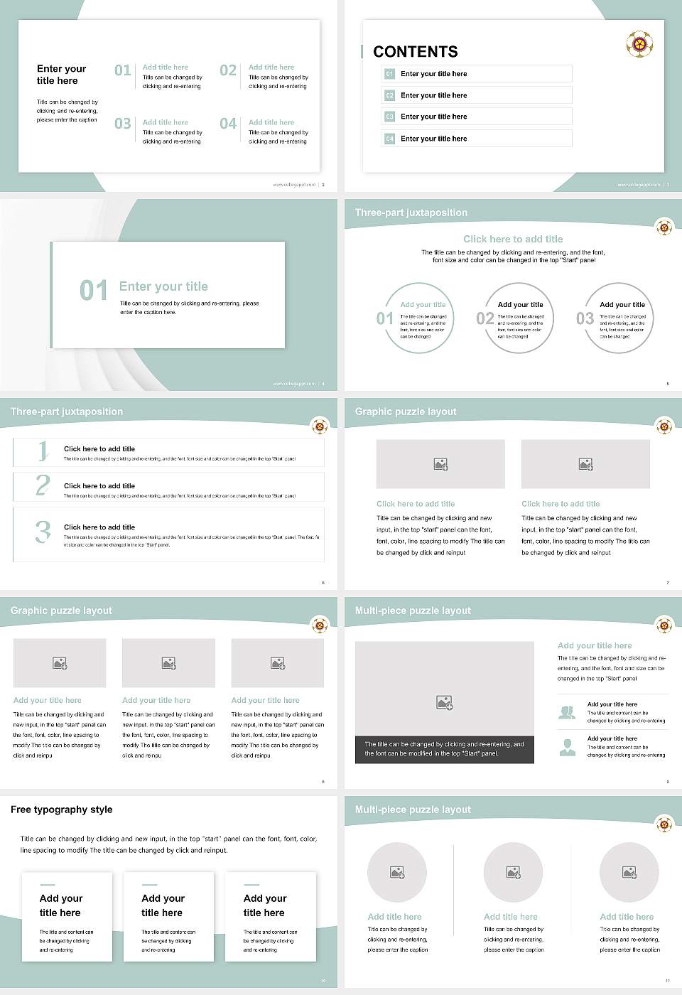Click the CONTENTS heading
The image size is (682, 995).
click(x=415, y=52)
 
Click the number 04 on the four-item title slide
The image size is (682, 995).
click(x=228, y=124)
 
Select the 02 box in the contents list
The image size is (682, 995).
click(x=389, y=95)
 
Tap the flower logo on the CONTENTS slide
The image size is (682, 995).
click(x=639, y=44)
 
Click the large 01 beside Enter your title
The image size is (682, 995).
click(x=93, y=290)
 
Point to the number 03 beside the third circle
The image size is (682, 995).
click(x=585, y=318)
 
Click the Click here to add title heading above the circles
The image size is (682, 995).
click(x=512, y=240)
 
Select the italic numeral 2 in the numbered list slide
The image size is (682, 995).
click(x=43, y=485)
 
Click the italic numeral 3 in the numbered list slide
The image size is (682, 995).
click(x=43, y=532)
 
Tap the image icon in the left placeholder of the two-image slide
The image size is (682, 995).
click(x=440, y=464)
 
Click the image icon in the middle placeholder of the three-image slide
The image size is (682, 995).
click(x=168, y=663)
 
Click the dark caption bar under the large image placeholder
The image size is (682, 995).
click(x=444, y=749)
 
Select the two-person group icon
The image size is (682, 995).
click(x=567, y=712)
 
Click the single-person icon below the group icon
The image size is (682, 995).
click(x=567, y=747)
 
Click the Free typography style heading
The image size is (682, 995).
click(x=62, y=810)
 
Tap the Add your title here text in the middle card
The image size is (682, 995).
click(x=163, y=905)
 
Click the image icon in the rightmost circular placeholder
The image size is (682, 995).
click(x=629, y=872)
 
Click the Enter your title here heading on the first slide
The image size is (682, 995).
click(x=61, y=75)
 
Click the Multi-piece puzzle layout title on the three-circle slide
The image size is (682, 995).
click(x=413, y=810)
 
